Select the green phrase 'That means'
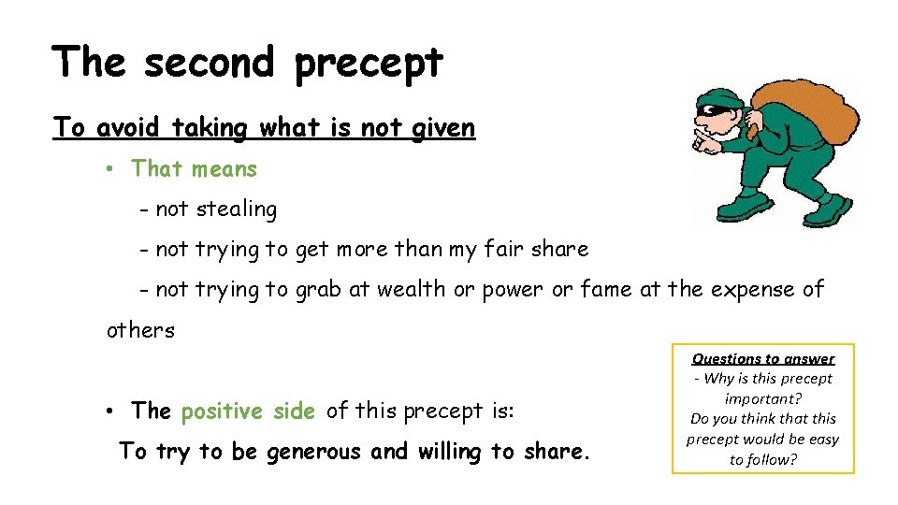tap(194, 169)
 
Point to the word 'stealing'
tap(237, 209)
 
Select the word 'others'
tap(140, 330)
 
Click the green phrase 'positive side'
tap(248, 411)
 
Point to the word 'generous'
tap(315, 453)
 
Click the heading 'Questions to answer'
tap(763, 358)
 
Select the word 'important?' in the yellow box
tap(763, 398)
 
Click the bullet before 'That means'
tap(109, 169)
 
